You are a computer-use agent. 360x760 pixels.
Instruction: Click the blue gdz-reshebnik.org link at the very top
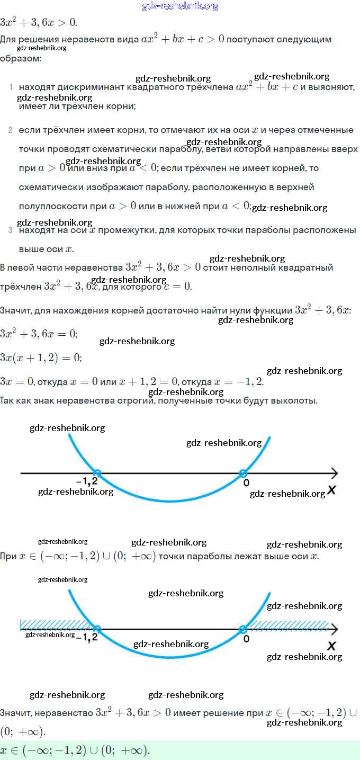click(x=180, y=6)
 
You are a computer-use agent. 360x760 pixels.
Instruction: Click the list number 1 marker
click(x=11, y=86)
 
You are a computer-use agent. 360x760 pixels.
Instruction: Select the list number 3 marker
click(x=11, y=230)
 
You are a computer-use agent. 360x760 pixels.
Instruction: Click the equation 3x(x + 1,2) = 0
click(x=41, y=358)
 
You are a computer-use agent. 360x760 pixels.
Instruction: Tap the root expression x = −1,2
click(x=238, y=382)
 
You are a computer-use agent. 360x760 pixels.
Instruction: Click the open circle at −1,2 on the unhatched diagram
click(x=97, y=473)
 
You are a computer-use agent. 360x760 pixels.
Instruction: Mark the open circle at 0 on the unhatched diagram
click(x=242, y=473)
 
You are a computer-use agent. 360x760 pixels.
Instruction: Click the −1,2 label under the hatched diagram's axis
click(x=87, y=638)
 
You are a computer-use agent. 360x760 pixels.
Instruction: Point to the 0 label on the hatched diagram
click(x=246, y=639)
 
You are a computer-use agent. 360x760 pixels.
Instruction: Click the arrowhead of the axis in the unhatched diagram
click(x=334, y=473)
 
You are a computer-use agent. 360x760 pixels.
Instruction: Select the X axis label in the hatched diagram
click(x=331, y=646)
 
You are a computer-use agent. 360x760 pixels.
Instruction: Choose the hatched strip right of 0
click(x=289, y=624)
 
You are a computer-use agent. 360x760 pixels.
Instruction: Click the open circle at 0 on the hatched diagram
click(x=242, y=629)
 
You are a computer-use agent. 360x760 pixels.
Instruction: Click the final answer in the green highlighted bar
click(x=75, y=750)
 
